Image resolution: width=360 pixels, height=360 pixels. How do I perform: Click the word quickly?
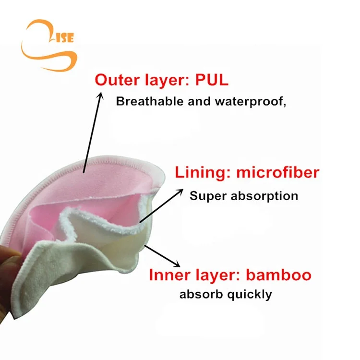tap(251, 294)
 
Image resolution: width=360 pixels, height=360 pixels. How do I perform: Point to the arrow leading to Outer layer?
tap(94, 130)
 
